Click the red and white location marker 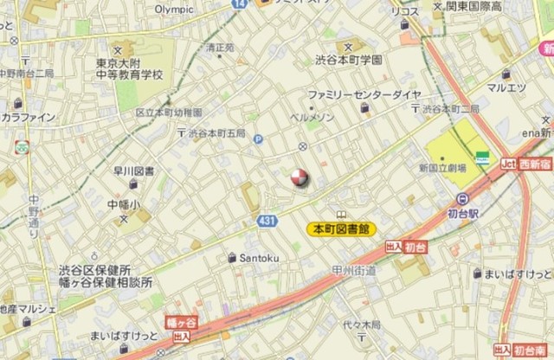click(298, 178)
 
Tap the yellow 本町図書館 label click(340, 229)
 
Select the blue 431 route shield click(267, 222)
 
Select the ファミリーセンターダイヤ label click(364, 93)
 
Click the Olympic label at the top click(174, 9)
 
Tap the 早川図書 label click(133, 171)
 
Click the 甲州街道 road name click(354, 271)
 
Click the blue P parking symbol click(258, 138)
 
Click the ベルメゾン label click(306, 115)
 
